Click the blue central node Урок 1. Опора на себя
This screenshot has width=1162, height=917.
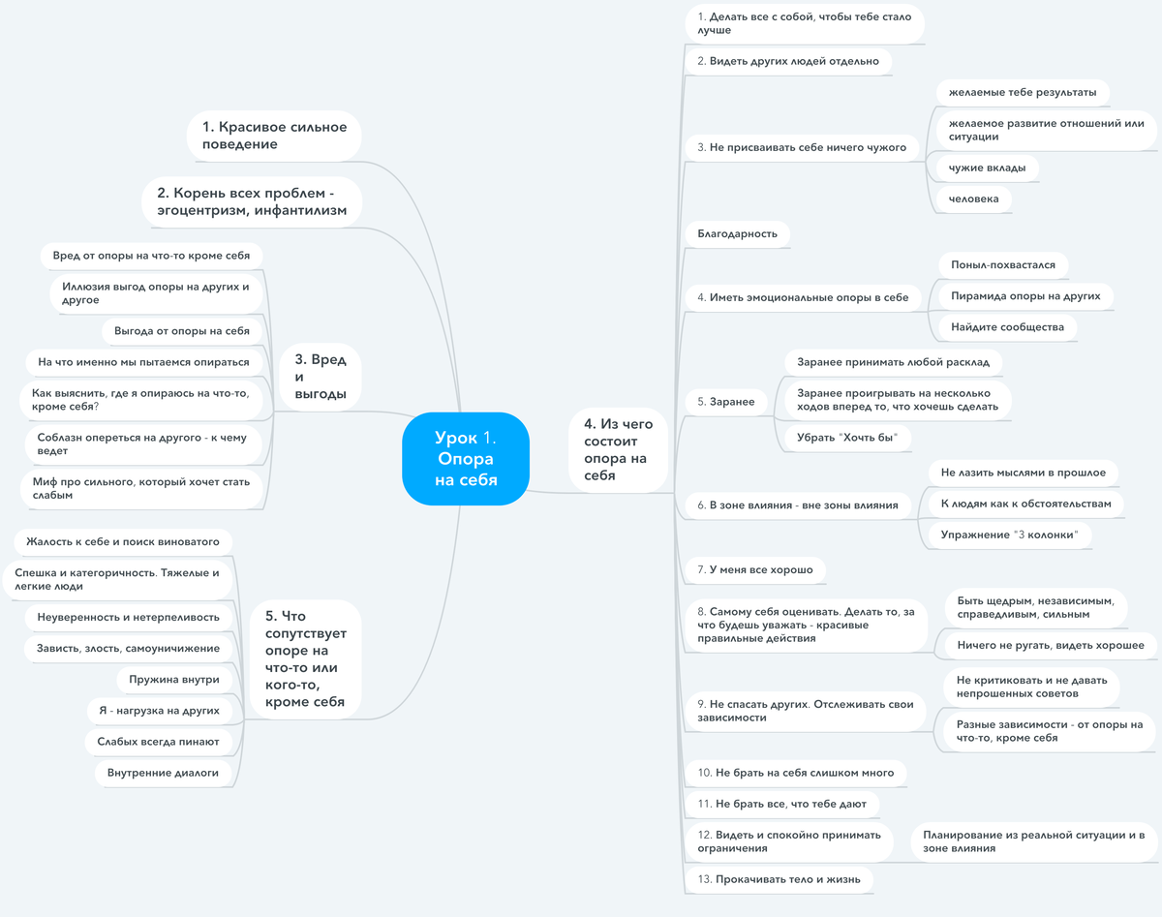coord(466,459)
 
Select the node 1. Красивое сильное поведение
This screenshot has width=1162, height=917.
coord(274,136)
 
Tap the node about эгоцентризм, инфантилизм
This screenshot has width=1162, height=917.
coord(252,201)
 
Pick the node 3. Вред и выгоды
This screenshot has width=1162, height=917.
coord(321,377)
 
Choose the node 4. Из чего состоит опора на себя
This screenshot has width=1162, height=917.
coord(618,449)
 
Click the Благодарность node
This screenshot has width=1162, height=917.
coord(738,233)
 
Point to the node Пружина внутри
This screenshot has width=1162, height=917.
coord(174,680)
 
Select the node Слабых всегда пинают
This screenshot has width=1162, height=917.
coord(158,742)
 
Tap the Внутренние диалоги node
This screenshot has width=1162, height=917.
coord(163,773)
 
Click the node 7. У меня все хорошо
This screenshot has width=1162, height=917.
coord(755,569)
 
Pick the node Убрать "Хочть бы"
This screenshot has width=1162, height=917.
coord(847,438)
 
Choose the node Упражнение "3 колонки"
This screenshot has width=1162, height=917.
coord(1009,535)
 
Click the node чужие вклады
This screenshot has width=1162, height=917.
coord(987,168)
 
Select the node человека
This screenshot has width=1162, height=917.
coord(973,199)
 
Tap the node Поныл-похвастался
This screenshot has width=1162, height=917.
coord(1003,265)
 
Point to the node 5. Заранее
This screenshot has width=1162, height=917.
coord(725,402)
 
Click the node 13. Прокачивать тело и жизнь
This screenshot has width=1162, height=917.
coord(779,879)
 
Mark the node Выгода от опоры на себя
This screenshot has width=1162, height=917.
coord(182,331)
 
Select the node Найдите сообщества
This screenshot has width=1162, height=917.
coord(1007,327)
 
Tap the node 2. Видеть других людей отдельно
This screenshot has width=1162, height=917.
coord(788,62)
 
